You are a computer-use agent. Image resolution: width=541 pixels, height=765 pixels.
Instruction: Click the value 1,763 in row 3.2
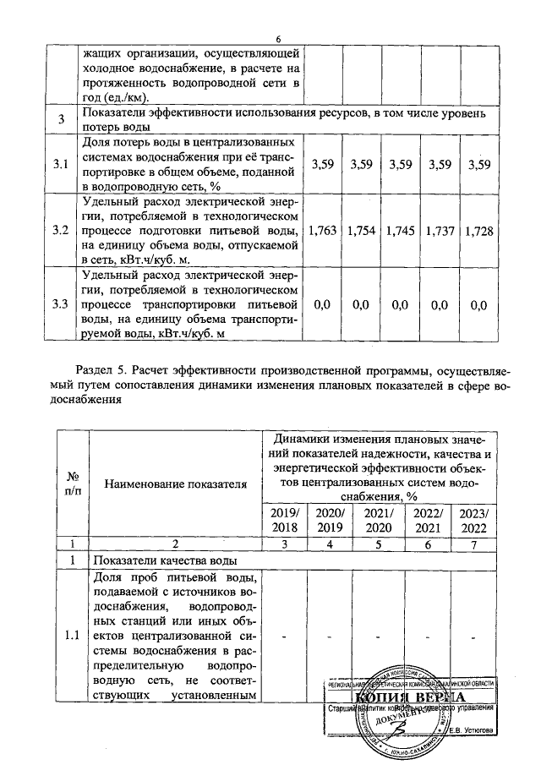[x=323, y=230]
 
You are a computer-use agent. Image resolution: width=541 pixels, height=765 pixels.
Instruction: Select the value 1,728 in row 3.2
[x=479, y=230]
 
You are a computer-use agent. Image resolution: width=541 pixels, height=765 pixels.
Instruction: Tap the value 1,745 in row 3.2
[x=401, y=230]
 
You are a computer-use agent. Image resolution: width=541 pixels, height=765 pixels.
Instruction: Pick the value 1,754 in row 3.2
[x=362, y=230]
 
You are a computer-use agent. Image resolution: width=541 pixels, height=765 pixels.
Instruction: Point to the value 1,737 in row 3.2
[x=440, y=230]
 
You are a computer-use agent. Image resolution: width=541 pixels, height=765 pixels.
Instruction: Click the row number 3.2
[x=60, y=230]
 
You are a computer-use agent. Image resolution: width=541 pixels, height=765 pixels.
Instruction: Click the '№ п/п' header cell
[x=72, y=484]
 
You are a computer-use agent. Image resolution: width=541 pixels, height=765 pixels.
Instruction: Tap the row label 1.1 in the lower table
[x=72, y=637]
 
